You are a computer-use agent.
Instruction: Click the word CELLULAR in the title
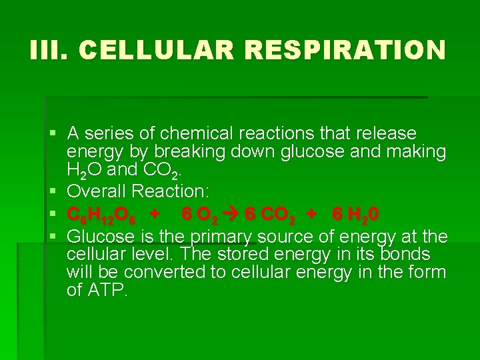coord(161,50)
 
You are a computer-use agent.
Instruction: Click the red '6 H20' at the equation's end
coord(356,215)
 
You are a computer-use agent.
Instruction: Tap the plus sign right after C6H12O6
coord(155,214)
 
